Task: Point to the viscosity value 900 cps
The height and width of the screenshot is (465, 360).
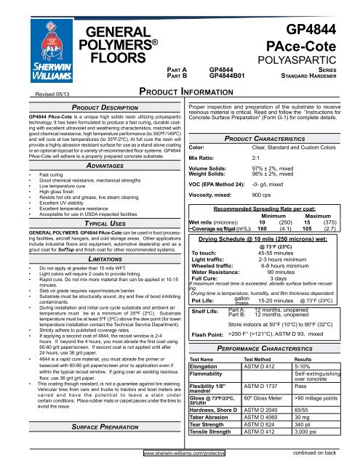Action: (261, 175)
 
